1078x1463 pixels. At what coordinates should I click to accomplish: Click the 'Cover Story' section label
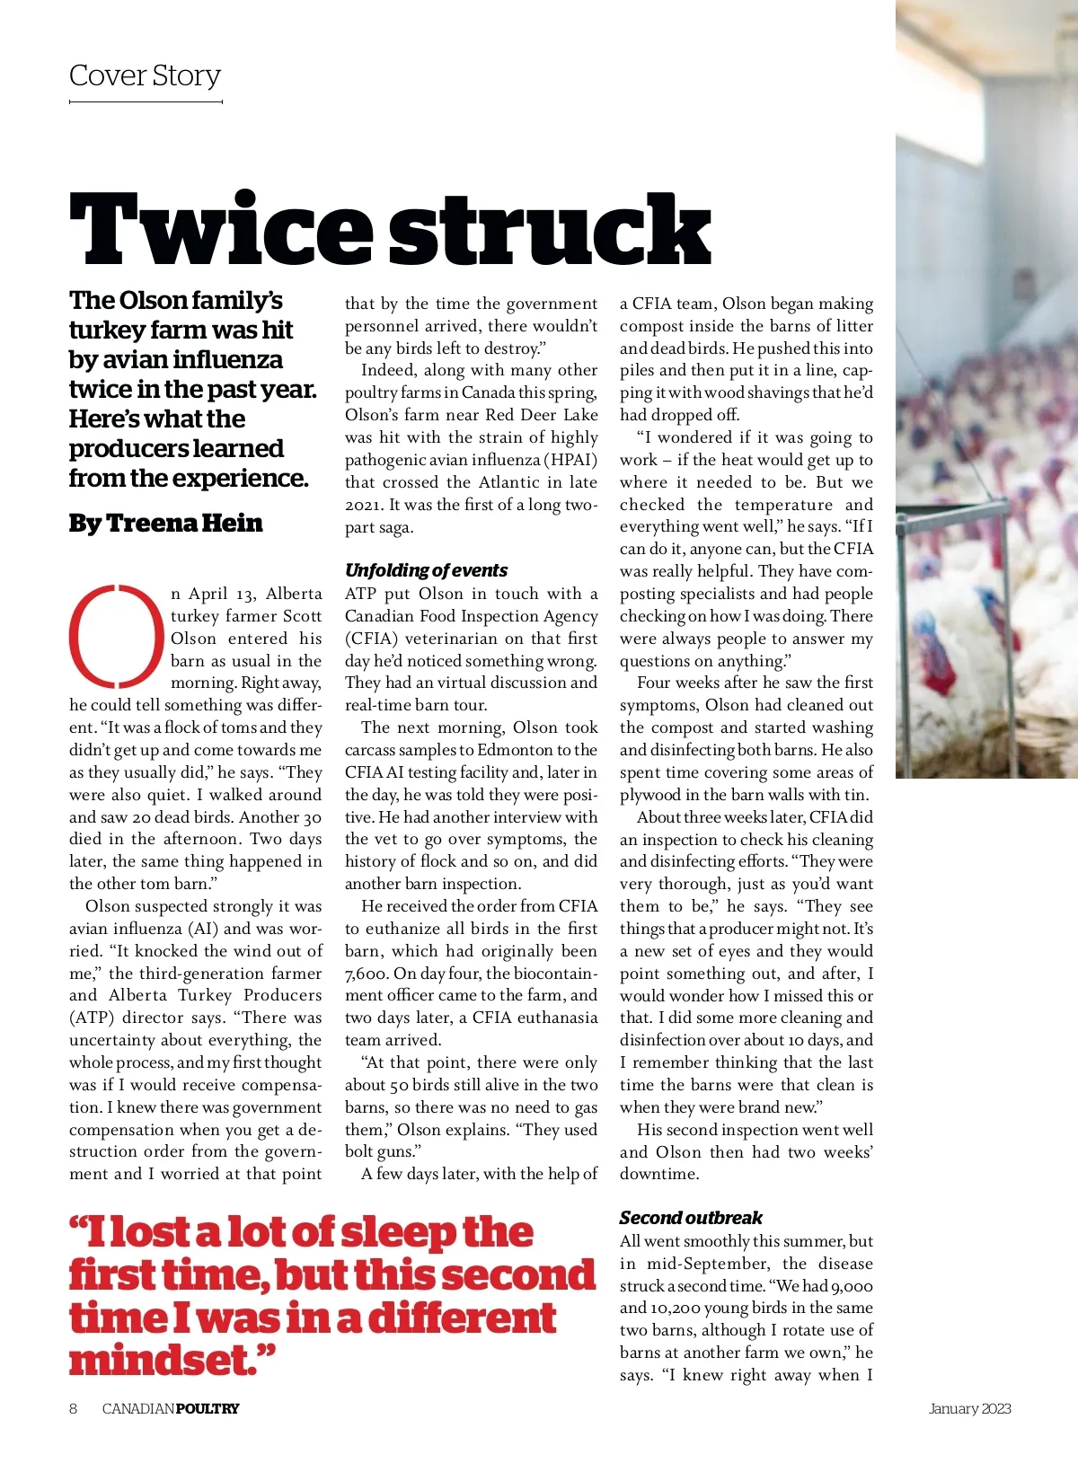pos(145,75)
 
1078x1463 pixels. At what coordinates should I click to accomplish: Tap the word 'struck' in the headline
pos(550,230)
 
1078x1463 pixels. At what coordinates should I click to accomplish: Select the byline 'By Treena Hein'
pos(166,524)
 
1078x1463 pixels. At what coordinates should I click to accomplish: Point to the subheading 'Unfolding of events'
pos(427,570)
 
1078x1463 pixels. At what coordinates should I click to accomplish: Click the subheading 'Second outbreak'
pos(691,1218)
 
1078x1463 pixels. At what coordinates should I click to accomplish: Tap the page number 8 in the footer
pos(74,1408)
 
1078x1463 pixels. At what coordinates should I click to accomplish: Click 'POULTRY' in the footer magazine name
pos(208,1408)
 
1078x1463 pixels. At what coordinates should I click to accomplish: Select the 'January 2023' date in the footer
pos(969,1408)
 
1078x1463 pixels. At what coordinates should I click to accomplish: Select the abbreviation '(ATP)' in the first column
pos(92,1018)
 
